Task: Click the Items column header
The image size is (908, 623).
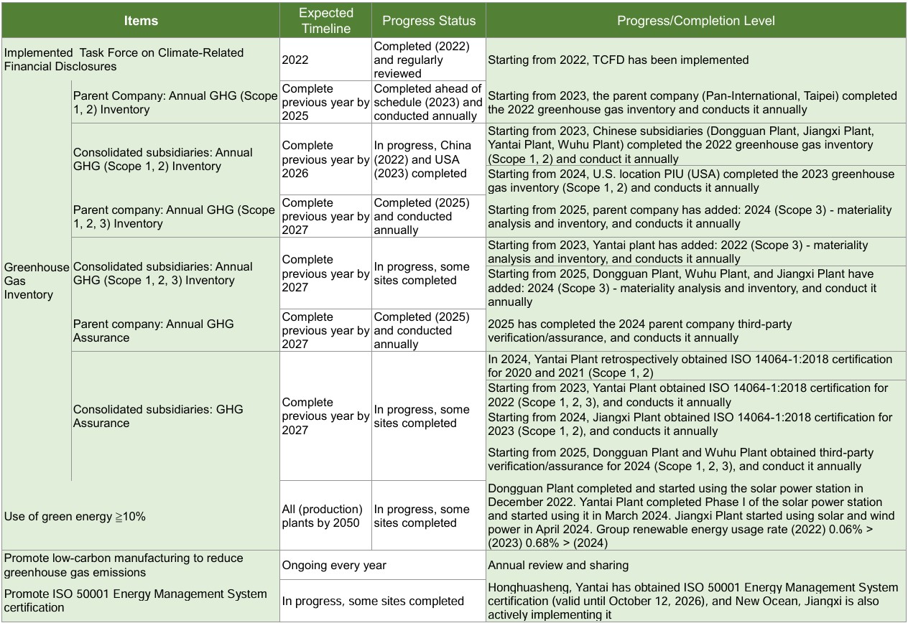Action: [141, 20]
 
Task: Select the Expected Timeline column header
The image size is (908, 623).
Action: [325, 20]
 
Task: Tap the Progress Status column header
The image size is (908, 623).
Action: [428, 20]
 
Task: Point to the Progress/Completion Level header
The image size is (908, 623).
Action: [695, 20]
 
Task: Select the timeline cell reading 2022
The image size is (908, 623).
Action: [295, 60]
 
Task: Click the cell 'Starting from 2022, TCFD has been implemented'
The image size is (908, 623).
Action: [618, 60]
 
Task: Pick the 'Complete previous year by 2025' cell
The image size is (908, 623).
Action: [325, 102]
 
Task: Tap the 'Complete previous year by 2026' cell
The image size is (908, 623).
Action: [325, 159]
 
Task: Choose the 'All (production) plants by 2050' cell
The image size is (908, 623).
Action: [325, 516]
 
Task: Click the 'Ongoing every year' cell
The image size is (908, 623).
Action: [334, 565]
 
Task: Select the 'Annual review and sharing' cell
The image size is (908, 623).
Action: [558, 565]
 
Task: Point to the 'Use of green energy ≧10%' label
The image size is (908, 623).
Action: [75, 516]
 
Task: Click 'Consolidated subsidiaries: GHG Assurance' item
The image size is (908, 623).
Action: [158, 416]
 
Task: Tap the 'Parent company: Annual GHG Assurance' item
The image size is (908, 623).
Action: [154, 331]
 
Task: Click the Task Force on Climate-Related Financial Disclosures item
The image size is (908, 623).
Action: [124, 60]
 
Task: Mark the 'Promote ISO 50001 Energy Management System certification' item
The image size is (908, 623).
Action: [136, 601]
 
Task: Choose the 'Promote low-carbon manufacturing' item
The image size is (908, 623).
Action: [124, 565]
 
